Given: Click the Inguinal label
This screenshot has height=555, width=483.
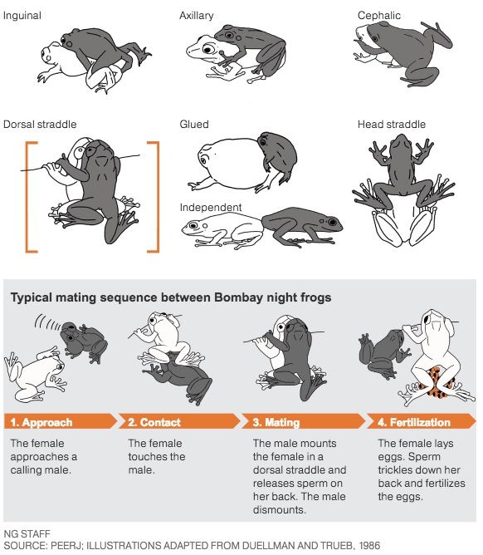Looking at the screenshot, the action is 22,16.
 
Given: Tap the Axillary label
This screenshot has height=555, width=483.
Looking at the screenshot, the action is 196,16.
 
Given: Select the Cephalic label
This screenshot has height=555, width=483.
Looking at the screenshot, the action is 379,16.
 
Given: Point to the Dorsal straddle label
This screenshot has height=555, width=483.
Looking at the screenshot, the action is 40,125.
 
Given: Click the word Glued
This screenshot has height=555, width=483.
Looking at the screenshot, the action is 193,125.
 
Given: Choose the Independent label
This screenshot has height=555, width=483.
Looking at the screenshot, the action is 211,207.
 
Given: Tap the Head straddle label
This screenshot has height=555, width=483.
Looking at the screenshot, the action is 392,125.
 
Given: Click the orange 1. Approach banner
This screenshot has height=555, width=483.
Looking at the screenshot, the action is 60,421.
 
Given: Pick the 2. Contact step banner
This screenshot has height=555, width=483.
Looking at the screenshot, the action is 179,421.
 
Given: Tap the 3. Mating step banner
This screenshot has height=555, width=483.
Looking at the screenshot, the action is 304,421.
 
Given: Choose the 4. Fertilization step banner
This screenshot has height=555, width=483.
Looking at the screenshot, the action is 422,421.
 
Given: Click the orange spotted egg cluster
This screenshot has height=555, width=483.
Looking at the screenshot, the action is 437,382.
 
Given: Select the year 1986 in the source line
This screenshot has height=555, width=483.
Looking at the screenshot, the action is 369,545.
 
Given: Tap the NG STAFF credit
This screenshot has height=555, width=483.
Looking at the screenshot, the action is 27,533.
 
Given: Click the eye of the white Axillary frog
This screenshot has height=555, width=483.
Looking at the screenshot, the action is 207,48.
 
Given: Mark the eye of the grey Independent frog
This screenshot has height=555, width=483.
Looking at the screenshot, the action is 332,223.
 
